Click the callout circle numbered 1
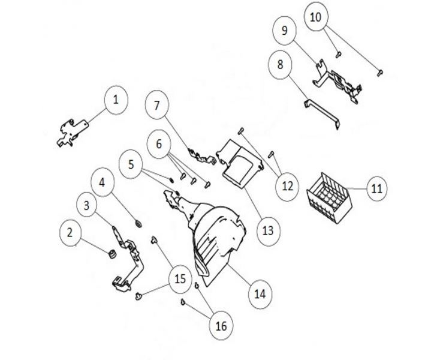pyautogui.click(x=116, y=100)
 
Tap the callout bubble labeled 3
pyautogui.click(x=88, y=205)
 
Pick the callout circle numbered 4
pyautogui.click(x=103, y=184)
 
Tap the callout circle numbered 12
pyautogui.click(x=287, y=186)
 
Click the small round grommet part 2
pyautogui.click(x=110, y=255)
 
